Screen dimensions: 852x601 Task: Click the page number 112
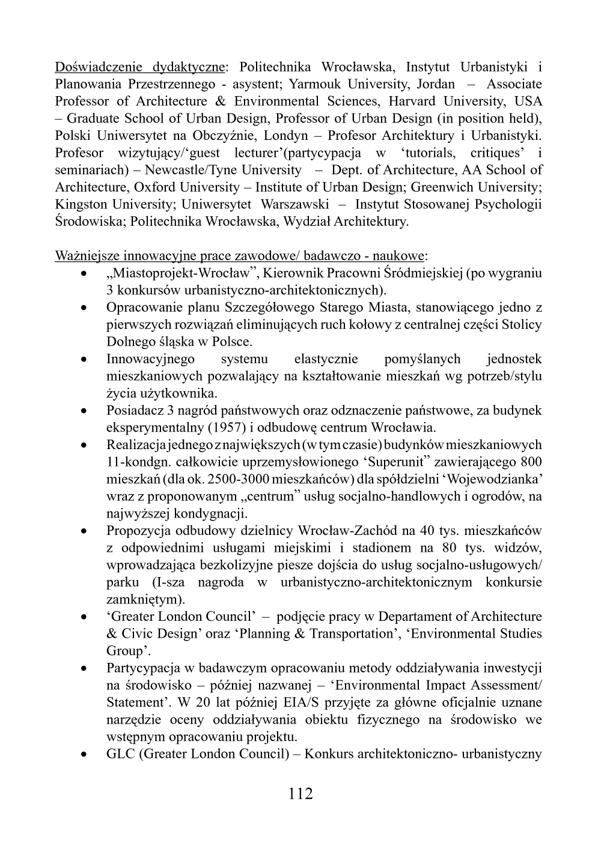tap(300, 793)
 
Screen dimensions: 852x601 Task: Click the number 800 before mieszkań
tap(529, 462)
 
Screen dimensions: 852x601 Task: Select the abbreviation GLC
tap(121, 754)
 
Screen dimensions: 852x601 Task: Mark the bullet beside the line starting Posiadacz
tap(85, 411)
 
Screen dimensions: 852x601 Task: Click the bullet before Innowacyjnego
tap(85, 360)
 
